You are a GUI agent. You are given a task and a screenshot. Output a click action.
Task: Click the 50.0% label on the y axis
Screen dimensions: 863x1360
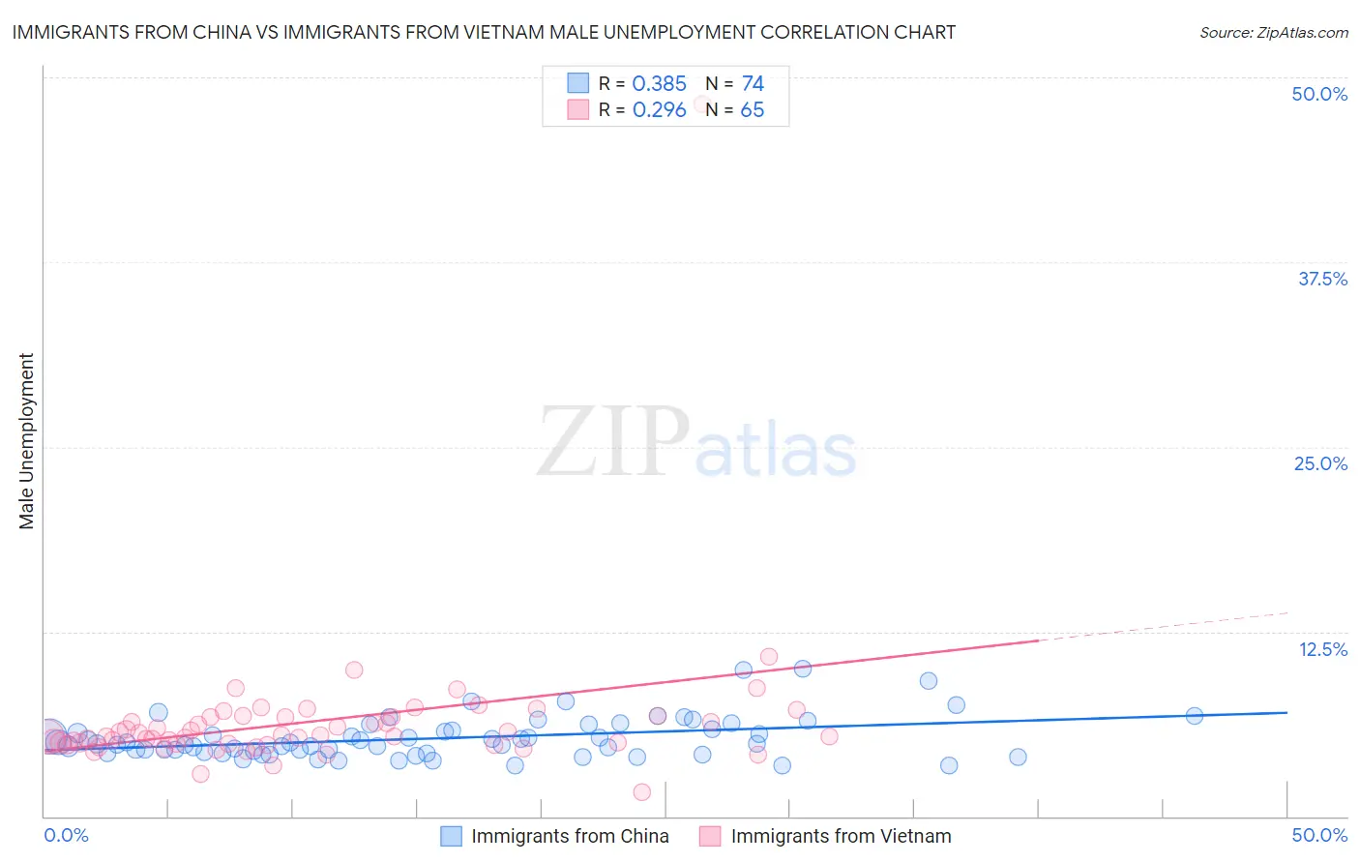[1319, 94]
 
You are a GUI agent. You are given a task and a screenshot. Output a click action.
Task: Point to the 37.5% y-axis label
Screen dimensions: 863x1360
[1322, 279]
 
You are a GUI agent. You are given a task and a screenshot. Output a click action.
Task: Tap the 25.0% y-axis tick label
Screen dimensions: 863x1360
[1320, 463]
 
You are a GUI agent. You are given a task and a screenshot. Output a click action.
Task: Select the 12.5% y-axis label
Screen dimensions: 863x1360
[1322, 649]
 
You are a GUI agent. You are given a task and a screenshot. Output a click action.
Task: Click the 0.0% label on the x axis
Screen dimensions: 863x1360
[66, 835]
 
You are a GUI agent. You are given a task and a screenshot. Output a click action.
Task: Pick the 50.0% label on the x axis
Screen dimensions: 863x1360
[1319, 835]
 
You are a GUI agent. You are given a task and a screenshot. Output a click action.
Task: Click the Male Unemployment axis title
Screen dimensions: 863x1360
[26, 441]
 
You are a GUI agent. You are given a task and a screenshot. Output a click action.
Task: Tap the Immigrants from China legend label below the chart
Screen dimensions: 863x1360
[570, 836]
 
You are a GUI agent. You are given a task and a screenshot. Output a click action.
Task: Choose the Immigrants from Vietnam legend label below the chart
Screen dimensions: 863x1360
[841, 836]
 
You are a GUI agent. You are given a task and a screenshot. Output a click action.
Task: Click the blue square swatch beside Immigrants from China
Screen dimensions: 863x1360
[451, 836]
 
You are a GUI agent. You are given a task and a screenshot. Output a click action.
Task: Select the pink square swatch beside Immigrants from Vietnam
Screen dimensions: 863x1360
[710, 836]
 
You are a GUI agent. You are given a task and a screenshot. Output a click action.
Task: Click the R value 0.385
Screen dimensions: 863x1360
[659, 84]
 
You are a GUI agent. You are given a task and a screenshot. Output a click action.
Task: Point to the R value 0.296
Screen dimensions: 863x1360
[659, 110]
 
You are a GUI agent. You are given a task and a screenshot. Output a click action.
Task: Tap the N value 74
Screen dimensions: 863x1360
[753, 84]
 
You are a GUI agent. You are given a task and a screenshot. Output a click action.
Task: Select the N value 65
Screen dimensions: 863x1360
[752, 110]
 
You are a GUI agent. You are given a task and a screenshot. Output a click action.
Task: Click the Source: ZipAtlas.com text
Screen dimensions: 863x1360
[1273, 33]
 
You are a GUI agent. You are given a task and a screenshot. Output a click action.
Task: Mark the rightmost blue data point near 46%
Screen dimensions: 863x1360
[1194, 716]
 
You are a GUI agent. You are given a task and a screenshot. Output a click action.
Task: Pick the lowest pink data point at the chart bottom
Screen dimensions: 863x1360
[641, 792]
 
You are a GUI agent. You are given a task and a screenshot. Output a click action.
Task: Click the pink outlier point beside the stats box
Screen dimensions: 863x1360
[702, 104]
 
